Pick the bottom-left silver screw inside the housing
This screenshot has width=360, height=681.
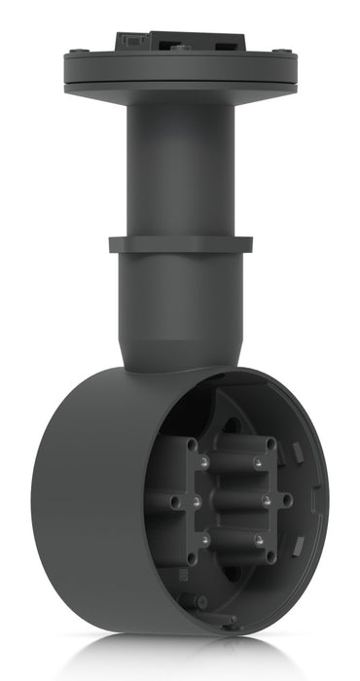coord(205,541)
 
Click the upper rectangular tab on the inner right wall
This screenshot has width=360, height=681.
coord(297,451)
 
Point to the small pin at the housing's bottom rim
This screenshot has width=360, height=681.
coord(234,619)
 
